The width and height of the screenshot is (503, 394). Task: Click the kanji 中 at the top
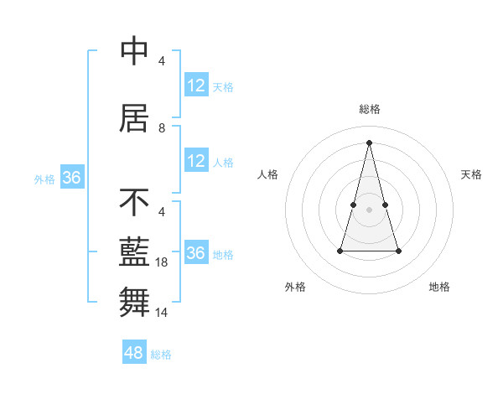point(135,51)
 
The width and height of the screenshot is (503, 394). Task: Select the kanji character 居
point(135,118)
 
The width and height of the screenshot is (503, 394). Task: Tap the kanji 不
point(135,202)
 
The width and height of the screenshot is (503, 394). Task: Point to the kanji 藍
point(135,252)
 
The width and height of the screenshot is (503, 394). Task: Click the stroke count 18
point(163,262)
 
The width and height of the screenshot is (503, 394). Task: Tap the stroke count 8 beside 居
point(162,128)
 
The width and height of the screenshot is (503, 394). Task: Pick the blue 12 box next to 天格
point(196,85)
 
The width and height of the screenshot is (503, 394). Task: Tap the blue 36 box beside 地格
point(196,252)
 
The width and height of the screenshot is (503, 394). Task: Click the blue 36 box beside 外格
point(72,178)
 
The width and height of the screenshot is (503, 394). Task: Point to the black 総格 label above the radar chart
point(370,109)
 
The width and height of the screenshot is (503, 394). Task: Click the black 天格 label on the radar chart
point(471,174)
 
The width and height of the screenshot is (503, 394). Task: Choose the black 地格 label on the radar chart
point(439,288)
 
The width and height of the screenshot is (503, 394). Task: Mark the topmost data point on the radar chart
point(370,143)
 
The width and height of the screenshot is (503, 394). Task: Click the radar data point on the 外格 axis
point(340,251)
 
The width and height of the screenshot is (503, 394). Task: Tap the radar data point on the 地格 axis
point(398,251)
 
